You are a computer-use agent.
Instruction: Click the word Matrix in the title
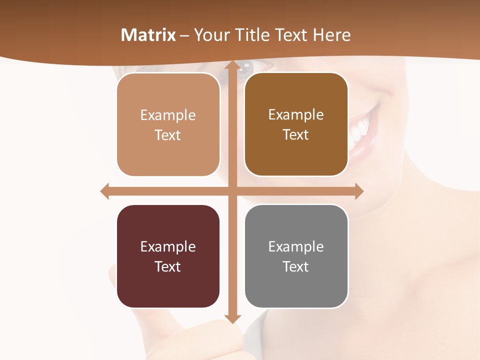(148, 35)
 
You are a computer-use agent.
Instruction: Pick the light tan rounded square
(168, 124)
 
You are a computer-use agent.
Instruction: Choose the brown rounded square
(296, 124)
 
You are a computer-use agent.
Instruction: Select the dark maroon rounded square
(168, 256)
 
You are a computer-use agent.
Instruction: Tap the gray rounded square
(296, 256)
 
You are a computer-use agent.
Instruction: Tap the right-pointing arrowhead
(358, 191)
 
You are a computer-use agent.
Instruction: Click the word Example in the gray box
(296, 246)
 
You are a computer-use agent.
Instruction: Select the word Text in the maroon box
(168, 266)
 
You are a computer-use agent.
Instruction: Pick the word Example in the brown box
(296, 114)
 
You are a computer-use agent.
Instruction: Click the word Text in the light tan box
(168, 135)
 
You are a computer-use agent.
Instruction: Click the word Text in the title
(291, 35)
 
